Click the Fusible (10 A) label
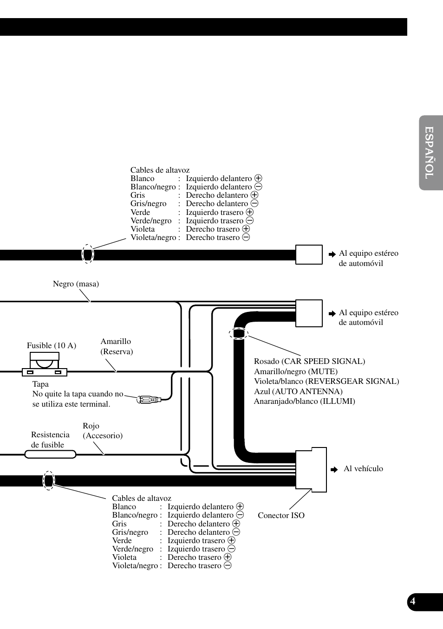(x=52, y=345)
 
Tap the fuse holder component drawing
(x=45, y=364)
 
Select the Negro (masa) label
(x=76, y=284)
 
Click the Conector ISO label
(x=281, y=515)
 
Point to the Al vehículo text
(x=363, y=468)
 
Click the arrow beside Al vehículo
(x=334, y=470)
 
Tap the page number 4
(x=413, y=602)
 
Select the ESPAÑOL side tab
(x=430, y=153)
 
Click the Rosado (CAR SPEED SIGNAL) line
(x=309, y=361)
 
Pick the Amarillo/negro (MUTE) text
(x=295, y=371)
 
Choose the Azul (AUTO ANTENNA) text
(x=298, y=391)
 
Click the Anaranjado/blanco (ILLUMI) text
(x=304, y=401)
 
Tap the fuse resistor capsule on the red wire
(x=50, y=454)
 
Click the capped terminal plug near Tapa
(x=149, y=399)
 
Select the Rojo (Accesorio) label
(x=103, y=431)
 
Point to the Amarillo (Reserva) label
(x=117, y=346)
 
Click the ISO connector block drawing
(x=311, y=469)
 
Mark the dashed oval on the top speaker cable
(x=88, y=254)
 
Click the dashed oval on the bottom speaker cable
(x=49, y=480)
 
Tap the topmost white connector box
(x=309, y=254)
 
